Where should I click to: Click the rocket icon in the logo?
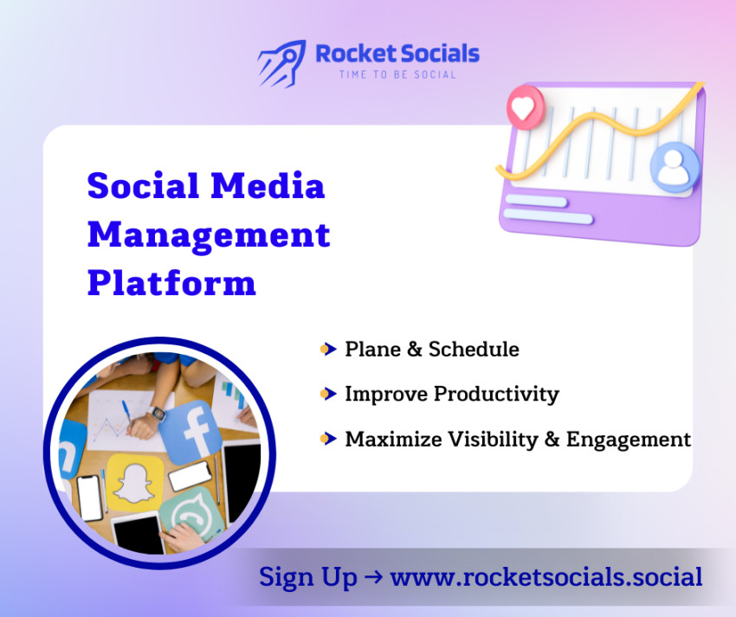coord(281,61)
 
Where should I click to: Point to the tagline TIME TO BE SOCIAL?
coord(397,75)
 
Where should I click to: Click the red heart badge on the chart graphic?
coord(522,108)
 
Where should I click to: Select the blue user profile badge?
coord(674,168)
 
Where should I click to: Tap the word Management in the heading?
coord(209,235)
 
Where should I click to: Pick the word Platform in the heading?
coord(171,283)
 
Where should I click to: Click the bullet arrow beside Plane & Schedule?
coord(327,350)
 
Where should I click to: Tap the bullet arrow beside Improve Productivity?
coord(327,395)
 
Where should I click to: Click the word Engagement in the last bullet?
coord(629,440)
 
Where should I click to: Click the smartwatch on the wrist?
coord(156,414)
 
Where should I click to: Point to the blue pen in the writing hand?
coord(126,411)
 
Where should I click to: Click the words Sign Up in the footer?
coord(308,577)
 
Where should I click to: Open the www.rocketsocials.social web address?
coord(546,577)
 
